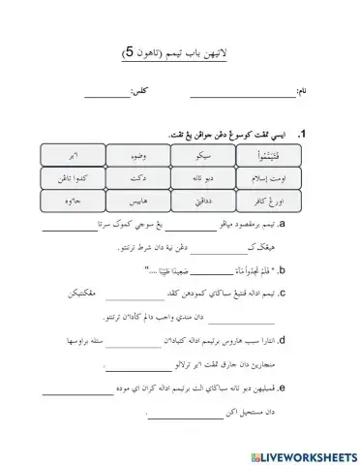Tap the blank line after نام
tap(242, 96)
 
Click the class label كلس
tap(140, 94)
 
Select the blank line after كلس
tap(105, 96)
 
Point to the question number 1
tap(303, 135)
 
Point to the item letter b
tap(294, 271)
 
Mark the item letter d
tap(294, 342)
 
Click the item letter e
tap(294, 390)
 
